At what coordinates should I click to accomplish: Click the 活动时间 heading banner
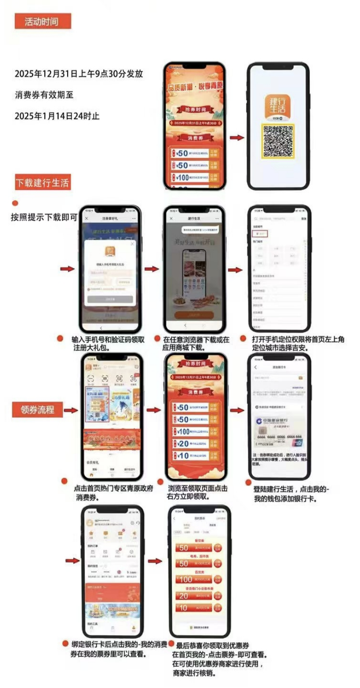pyautogui.click(x=42, y=21)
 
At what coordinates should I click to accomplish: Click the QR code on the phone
pyautogui.click(x=278, y=141)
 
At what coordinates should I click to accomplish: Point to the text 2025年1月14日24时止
pyautogui.click(x=57, y=116)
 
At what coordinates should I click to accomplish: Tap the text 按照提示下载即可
pyautogui.click(x=44, y=217)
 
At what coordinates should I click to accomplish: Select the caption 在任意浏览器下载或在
pyautogui.click(x=196, y=340)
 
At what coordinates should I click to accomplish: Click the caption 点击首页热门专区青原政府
pyautogui.click(x=114, y=489)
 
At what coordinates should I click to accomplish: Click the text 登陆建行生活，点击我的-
pyautogui.click(x=291, y=490)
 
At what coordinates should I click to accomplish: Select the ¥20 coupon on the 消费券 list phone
pyautogui.click(x=196, y=444)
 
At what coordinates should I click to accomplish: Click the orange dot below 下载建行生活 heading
pyautogui.click(x=15, y=203)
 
